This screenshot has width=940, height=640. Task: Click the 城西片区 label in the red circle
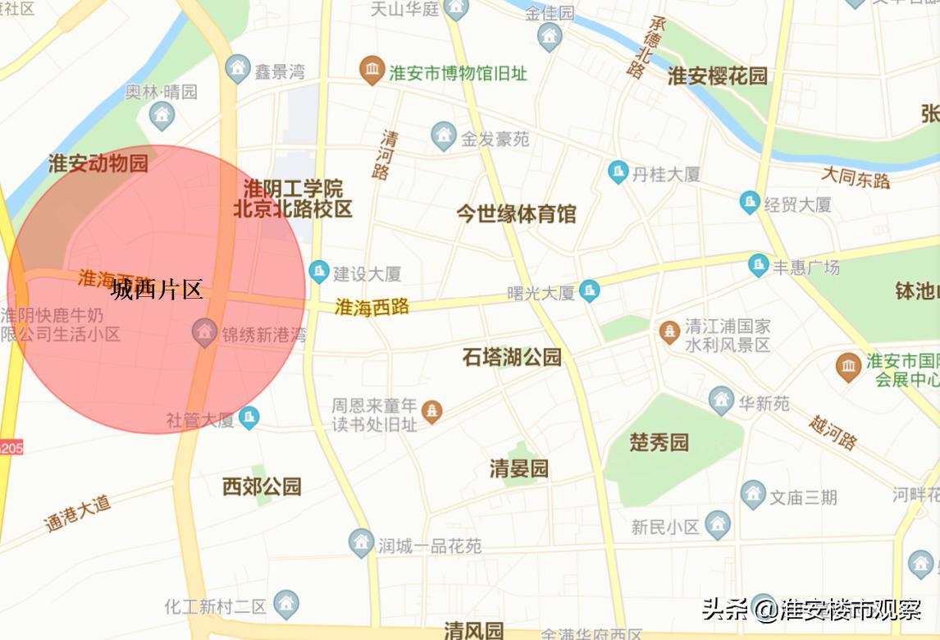point(157,289)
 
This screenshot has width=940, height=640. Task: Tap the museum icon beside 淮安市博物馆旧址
point(372,71)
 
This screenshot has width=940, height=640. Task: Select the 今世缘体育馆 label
point(517,214)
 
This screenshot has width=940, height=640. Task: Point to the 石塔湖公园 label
point(512,357)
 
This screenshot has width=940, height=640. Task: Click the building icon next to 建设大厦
point(318,271)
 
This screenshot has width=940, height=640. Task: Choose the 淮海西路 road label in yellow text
point(372,307)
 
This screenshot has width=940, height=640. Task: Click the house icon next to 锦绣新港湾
point(204,333)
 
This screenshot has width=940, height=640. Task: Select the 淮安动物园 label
point(98,163)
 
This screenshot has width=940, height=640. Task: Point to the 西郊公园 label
point(262,487)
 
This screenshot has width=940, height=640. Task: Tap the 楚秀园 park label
point(659,443)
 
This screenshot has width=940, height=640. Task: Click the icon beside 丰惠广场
point(759,266)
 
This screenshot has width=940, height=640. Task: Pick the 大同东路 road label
point(856,176)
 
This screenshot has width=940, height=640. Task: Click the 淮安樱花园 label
point(718,76)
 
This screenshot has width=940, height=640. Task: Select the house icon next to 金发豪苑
point(444,136)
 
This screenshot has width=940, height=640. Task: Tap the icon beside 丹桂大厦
point(618,172)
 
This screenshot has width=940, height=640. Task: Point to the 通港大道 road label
point(78,513)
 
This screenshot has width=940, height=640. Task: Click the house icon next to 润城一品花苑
point(361,542)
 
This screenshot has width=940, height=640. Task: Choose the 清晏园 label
point(519,469)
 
